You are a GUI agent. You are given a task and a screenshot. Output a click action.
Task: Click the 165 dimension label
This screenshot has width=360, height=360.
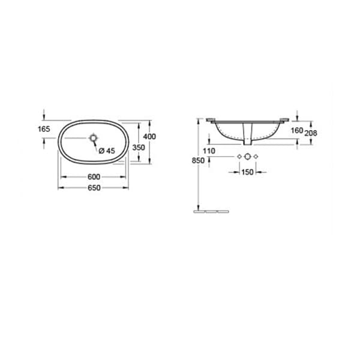tap(44, 129)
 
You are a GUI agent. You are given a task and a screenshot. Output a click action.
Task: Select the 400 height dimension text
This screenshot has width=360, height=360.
tap(149, 137)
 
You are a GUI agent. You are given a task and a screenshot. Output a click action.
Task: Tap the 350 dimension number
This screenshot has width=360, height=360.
tap(139, 148)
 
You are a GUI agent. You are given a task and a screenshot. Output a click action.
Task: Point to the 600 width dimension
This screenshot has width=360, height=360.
tap(94, 177)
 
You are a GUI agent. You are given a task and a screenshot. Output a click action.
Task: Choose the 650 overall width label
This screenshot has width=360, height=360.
tap(94, 188)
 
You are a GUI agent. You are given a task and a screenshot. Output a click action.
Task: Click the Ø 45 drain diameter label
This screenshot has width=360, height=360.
tap(107, 151)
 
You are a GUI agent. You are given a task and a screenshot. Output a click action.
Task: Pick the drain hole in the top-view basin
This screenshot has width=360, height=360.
tap(94, 138)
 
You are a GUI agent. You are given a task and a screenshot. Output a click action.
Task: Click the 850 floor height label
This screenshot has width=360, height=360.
tap(198, 160)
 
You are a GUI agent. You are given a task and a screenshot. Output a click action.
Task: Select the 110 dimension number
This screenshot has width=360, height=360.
tap(209, 151)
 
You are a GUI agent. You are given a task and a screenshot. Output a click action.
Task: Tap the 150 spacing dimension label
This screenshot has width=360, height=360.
tap(247, 172)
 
